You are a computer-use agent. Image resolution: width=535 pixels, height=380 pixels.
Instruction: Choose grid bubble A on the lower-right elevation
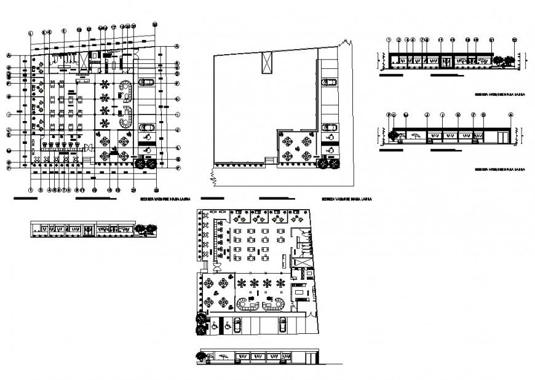[x=510, y=115]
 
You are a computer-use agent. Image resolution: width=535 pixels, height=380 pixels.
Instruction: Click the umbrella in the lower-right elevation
[x=416, y=136]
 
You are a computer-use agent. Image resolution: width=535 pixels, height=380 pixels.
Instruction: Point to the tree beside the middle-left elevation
[x=145, y=229]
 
